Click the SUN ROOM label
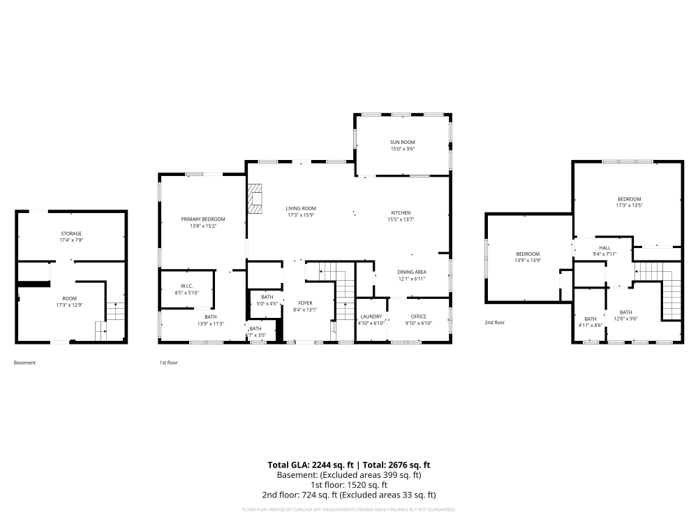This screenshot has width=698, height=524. pyautogui.click(x=403, y=142)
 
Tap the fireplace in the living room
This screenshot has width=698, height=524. pyautogui.click(x=255, y=198)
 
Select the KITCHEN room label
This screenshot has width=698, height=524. pyautogui.click(x=401, y=212)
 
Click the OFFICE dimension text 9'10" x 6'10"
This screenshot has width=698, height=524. pyautogui.click(x=418, y=323)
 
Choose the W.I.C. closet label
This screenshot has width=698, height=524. pyautogui.click(x=186, y=286)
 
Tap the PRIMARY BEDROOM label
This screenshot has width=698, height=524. pyautogui.click(x=203, y=219)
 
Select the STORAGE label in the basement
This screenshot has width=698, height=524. pyautogui.click(x=70, y=233)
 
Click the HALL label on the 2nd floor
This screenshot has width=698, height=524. pyautogui.click(x=604, y=247)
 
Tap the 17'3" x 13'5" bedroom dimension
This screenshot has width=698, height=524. pyautogui.click(x=628, y=205)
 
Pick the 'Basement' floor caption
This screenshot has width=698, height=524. pyautogui.click(x=24, y=363)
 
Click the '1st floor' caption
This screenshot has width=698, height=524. pyautogui.click(x=168, y=363)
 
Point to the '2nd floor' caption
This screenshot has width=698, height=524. pyautogui.click(x=495, y=322)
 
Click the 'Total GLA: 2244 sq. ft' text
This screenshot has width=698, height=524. pyautogui.click(x=311, y=465)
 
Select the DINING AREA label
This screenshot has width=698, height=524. pyautogui.click(x=411, y=272)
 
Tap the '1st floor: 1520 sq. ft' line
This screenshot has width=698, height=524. pyautogui.click(x=349, y=485)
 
